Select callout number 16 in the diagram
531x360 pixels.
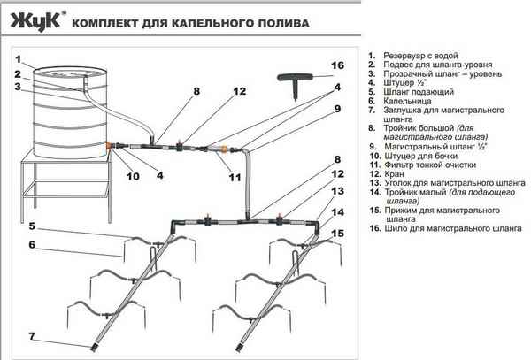[x=335, y=66]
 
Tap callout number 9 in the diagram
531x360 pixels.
[x=337, y=109]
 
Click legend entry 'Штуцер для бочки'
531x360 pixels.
[x=422, y=155]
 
